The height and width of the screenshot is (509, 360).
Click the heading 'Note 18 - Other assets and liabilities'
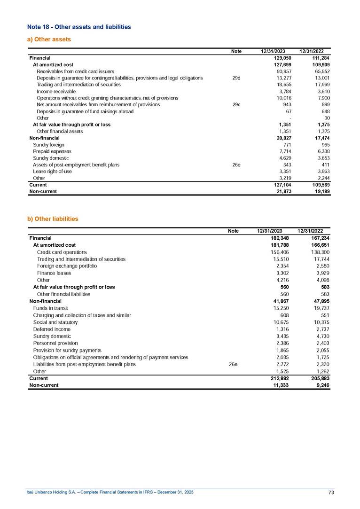click(x=79, y=27)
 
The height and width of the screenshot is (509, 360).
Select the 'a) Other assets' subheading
click(x=49, y=39)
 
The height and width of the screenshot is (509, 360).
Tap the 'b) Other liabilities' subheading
click(x=53, y=219)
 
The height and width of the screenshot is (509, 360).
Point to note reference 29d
click(x=236, y=78)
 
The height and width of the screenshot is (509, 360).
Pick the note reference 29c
click(x=236, y=104)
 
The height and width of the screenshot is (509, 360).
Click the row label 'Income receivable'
click(x=56, y=91)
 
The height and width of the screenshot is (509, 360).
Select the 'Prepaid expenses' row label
click(x=52, y=151)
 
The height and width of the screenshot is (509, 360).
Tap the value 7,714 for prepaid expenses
click(x=285, y=151)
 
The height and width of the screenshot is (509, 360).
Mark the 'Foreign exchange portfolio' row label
click(x=67, y=266)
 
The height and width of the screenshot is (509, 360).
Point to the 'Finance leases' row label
click(x=54, y=273)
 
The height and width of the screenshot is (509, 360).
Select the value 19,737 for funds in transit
click(x=321, y=308)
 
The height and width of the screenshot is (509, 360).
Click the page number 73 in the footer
click(x=331, y=492)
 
